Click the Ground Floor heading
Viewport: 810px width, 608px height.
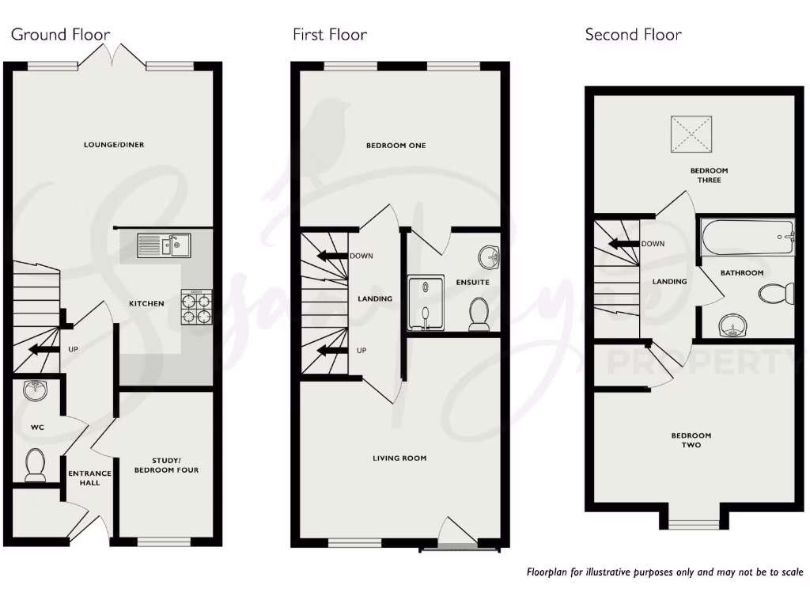(60, 34)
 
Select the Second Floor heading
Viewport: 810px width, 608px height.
(633, 34)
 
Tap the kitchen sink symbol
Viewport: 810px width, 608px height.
(164, 245)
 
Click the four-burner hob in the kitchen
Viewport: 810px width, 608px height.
(197, 306)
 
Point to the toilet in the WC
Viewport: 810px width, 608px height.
(35, 465)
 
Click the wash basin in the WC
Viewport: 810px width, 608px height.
(36, 390)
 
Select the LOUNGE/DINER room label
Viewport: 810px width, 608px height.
(114, 145)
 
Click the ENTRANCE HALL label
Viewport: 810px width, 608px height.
(90, 477)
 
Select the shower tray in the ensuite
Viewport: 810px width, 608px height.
(427, 302)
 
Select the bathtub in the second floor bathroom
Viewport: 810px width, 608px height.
(748, 236)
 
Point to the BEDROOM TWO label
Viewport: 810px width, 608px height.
(691, 440)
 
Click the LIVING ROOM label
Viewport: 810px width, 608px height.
(399, 458)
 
